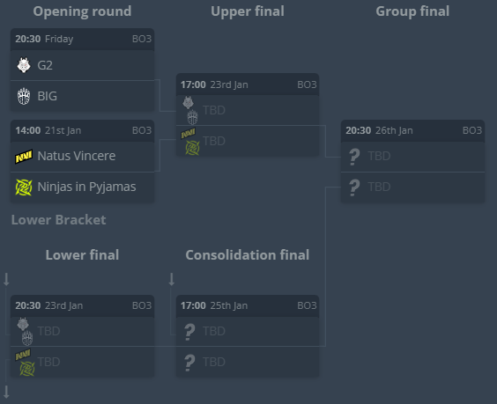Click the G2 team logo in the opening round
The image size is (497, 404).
point(24,65)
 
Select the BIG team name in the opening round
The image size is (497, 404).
point(48,96)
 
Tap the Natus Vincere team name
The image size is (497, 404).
point(77,156)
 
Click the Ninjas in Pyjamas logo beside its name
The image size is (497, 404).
point(24,187)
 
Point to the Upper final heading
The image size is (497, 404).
point(248,11)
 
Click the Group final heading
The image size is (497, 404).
point(412,11)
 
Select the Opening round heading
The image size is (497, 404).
point(82,11)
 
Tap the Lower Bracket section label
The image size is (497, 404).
point(59,220)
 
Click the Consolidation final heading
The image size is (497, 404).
point(248,255)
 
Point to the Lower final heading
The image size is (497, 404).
point(82,255)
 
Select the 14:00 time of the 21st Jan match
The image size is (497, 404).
point(28,130)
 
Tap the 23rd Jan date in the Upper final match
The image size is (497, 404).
point(229,84)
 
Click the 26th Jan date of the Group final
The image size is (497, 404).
point(394,130)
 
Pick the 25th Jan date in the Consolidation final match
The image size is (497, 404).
point(229,305)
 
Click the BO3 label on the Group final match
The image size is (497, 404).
point(472,130)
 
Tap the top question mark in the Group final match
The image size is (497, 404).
point(354,157)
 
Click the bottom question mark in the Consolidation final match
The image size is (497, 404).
point(189,363)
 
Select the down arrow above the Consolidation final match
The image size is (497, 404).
point(172,279)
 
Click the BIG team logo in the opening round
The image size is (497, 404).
point(24,96)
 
